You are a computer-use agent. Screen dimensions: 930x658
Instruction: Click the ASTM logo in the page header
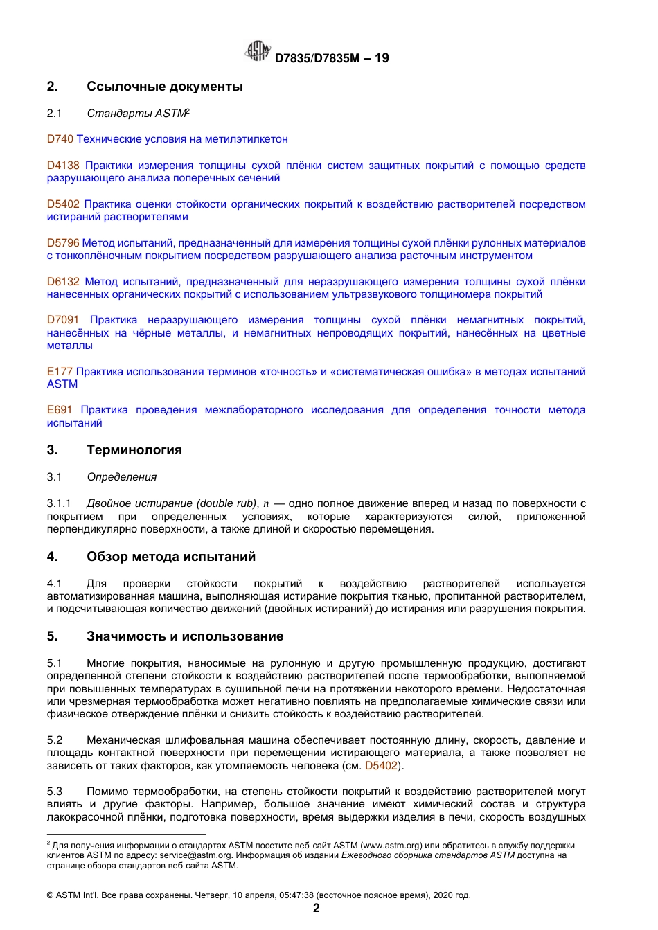[x=258, y=52]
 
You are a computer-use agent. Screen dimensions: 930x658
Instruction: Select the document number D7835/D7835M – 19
[x=332, y=58]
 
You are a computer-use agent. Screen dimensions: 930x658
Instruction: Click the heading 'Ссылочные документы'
[x=165, y=87]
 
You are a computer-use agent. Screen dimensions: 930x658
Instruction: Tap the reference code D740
[x=60, y=139]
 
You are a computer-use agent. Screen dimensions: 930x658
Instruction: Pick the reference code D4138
[x=63, y=166]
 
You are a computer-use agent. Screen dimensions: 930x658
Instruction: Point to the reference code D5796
[x=63, y=243]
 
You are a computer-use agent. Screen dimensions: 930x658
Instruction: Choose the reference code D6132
[x=63, y=282]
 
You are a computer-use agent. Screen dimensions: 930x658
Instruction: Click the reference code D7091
[x=63, y=320]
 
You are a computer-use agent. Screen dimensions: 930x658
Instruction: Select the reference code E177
[x=60, y=372]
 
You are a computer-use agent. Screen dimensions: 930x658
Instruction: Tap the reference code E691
[x=60, y=410]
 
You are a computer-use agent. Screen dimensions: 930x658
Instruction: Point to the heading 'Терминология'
[x=134, y=450]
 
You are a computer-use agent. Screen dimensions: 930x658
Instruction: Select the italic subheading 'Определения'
[x=122, y=477]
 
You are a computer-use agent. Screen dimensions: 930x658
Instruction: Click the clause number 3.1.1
[x=59, y=503]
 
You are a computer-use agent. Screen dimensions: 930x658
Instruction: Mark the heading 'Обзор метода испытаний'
[x=171, y=557]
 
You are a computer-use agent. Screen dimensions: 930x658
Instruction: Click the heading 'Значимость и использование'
[x=185, y=636]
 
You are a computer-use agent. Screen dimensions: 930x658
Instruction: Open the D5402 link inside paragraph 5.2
[x=382, y=766]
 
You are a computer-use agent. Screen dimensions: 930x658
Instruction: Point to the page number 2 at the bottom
[x=317, y=908]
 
